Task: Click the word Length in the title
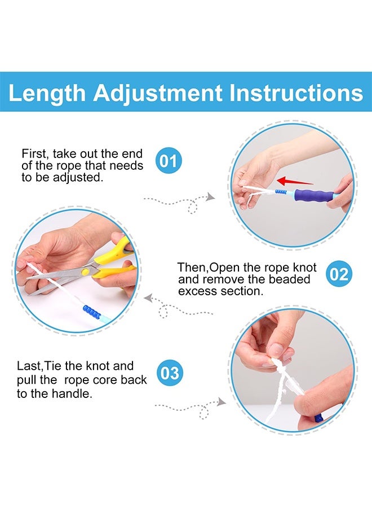[47, 93]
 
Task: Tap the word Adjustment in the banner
[158, 93]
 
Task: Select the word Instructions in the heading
[296, 93]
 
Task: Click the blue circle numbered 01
[169, 160]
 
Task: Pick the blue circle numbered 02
[339, 274]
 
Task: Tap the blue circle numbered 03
[170, 373]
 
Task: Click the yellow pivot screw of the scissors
[86, 272]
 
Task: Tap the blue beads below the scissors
[92, 312]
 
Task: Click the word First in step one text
[34, 154]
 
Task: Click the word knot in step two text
[305, 268]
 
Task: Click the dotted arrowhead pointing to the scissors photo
[148, 297]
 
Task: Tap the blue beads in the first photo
[281, 192]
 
